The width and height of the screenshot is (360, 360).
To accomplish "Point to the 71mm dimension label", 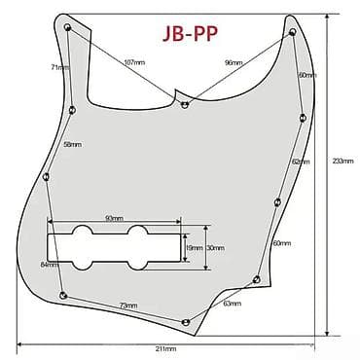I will pos(60,69).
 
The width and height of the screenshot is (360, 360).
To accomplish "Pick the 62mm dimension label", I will pos(300,161).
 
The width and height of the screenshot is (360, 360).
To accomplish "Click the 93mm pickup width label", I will pos(113,218).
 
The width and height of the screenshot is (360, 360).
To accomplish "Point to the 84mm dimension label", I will pos(49,265).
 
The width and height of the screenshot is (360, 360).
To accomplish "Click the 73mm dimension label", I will pos(127,306).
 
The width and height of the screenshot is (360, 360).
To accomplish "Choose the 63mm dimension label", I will pos(233,305).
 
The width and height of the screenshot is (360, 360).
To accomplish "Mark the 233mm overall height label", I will pos(336,161).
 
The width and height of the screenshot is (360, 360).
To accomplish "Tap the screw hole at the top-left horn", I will pos(67,28).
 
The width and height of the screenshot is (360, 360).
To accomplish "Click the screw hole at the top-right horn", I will pos(292,31).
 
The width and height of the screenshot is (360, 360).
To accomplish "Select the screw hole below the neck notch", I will pos(184,101).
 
